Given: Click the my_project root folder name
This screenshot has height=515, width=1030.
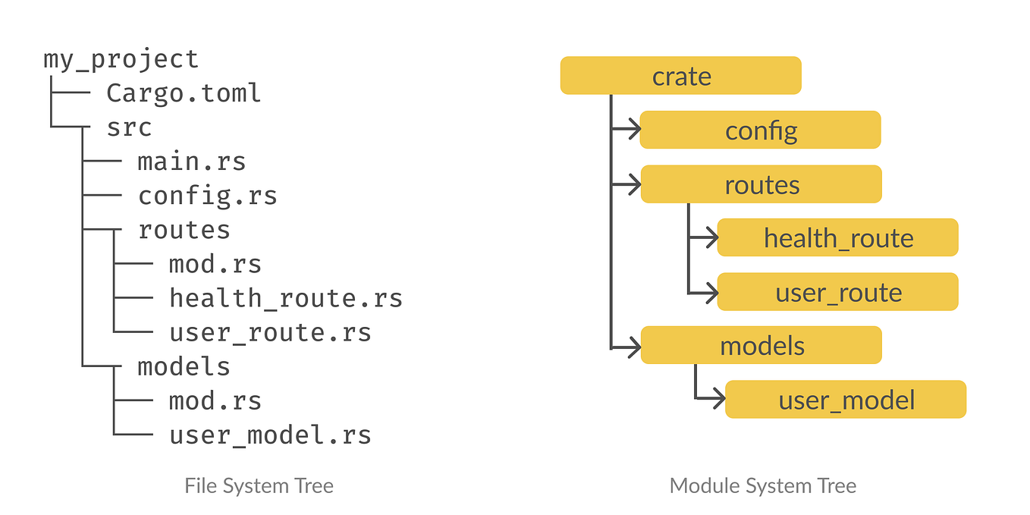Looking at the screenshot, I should (x=121, y=59).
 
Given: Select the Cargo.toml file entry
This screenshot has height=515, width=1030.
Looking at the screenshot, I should (x=184, y=93).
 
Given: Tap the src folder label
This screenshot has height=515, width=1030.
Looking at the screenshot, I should (x=129, y=127).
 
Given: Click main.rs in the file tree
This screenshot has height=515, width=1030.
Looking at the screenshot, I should (x=191, y=162).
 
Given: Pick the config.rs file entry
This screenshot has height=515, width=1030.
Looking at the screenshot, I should (x=207, y=196).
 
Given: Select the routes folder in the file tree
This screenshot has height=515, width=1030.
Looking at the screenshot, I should (x=184, y=230).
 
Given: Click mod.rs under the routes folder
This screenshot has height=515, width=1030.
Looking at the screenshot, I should (x=215, y=264).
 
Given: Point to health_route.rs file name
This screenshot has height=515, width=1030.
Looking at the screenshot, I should (x=285, y=298).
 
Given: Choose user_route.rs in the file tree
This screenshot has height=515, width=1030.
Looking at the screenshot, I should (x=270, y=332).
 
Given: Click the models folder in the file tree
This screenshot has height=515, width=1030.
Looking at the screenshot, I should (x=184, y=366).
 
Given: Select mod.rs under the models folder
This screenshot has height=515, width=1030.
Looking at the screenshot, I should (x=215, y=400).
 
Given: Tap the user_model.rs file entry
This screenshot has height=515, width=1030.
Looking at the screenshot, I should (x=270, y=435).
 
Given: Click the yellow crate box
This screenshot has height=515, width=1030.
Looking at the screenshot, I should (x=680, y=76).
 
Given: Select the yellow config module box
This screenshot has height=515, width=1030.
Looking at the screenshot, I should (x=760, y=130).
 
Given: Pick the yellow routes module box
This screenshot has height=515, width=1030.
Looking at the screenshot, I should (x=761, y=184).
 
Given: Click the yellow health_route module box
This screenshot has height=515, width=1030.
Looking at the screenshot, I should (x=837, y=238).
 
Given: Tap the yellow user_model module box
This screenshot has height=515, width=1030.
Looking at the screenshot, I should (x=846, y=400).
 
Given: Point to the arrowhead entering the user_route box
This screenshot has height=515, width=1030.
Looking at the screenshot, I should (x=710, y=292).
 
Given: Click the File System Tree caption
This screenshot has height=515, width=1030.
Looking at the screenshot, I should (x=259, y=485).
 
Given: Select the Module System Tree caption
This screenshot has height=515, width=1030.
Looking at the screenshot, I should (x=762, y=485).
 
